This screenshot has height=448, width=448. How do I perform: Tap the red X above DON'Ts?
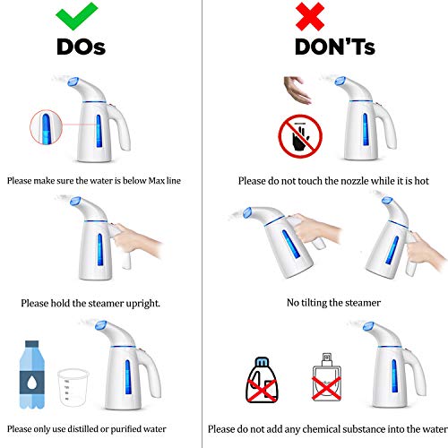pos(310,16)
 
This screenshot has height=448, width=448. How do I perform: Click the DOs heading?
pos(81,47)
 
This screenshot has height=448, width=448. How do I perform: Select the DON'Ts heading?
pos(335,47)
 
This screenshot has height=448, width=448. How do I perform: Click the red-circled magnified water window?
pos(46,127)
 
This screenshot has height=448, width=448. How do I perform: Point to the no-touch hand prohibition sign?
pos(300,136)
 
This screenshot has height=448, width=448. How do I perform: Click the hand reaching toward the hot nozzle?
pos(297,90)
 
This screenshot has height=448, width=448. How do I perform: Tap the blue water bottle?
pos(32,375)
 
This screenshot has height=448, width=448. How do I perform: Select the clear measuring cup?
pos(73,387)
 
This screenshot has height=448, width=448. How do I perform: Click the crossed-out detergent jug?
pos(262,380)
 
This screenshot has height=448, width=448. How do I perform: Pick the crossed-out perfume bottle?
pos(326,378)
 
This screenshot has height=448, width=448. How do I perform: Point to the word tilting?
pos(314,303)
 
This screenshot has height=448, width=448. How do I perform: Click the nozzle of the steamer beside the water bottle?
pos(101,325)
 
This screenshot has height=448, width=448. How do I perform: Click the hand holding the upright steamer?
pos(136,242)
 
